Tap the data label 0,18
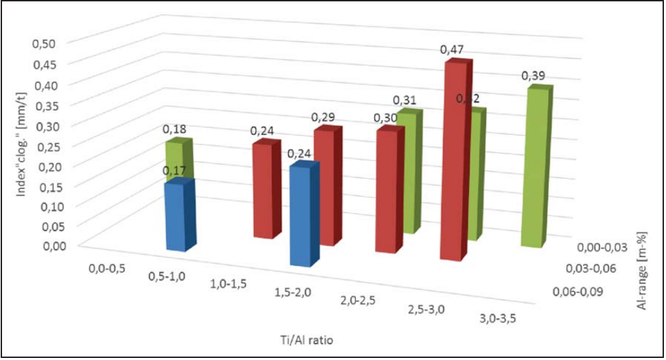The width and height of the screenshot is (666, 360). click(x=174, y=128)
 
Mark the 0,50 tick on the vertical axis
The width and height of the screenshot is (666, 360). click(x=45, y=43)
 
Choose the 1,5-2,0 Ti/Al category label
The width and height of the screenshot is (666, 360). click(x=295, y=293)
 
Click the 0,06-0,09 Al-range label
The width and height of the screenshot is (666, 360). click(x=577, y=293)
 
